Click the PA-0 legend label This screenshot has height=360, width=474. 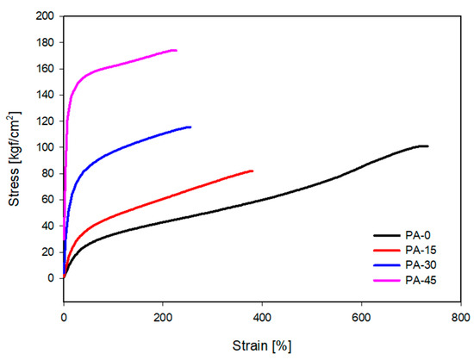coord(417,235)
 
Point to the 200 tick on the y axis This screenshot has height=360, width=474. coord(44,16)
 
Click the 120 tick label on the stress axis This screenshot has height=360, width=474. coord(44,121)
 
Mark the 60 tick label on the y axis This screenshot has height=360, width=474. coord(47,200)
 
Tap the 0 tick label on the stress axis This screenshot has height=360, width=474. coord(50,278)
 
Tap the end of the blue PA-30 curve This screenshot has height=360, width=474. coord(190,127)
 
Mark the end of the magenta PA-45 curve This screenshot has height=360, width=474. coord(176,50)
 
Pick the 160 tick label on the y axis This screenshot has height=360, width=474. coord(44,69)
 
